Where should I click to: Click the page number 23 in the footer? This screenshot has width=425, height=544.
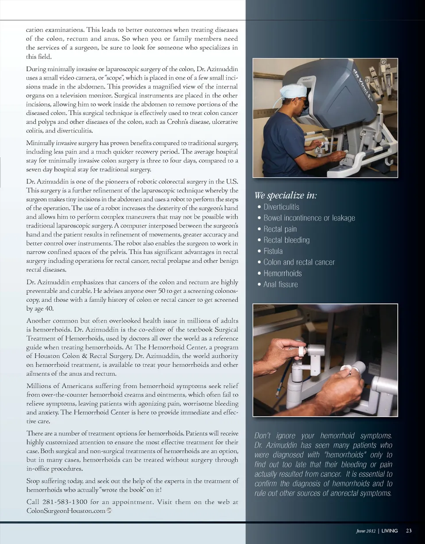pos(408,531)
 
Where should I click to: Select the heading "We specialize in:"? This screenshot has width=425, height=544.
pos(286,195)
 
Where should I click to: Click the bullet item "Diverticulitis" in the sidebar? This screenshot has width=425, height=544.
pos(281,207)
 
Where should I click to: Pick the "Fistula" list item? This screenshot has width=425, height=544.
pos(273,251)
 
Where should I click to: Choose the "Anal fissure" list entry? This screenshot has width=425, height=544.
pos(280,284)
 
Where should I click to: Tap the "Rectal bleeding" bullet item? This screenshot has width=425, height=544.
pos(286,240)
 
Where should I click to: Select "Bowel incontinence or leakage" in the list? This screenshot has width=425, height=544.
pos(309,218)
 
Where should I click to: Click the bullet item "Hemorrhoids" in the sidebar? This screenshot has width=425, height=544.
pos(282,273)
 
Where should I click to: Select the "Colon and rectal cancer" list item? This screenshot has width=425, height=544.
pos(299,262)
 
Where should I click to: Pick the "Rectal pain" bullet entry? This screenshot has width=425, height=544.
pos(280,229)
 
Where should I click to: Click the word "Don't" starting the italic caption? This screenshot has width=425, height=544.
pos(265,436)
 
